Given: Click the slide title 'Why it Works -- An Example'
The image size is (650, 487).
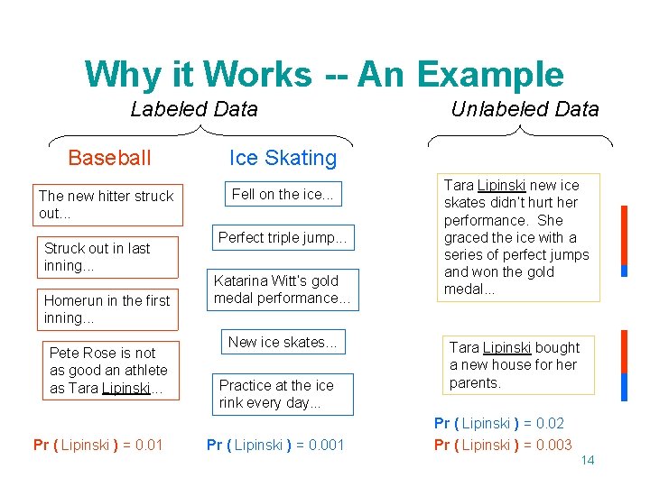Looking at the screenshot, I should point(324,74).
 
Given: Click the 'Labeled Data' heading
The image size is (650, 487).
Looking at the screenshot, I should point(194,110).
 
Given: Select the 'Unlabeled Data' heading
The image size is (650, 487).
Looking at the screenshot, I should point(525,110).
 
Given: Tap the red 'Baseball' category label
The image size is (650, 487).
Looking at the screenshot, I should point(109,158).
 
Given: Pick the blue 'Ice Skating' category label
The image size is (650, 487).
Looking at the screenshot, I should point(283,158).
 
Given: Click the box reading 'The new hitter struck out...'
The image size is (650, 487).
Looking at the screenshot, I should point(107,205).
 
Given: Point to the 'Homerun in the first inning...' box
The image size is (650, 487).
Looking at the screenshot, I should point(107,309).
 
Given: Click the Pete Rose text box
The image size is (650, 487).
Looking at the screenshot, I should point(108,370).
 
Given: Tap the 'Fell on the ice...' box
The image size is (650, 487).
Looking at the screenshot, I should point(283,194).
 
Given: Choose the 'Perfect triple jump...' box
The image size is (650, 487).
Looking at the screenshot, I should point(283,238).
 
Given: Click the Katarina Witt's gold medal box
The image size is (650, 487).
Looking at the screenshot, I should point(283,289).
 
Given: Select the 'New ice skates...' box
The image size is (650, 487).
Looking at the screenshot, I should point(283,342).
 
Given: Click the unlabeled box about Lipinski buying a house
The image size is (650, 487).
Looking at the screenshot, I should point(515,365).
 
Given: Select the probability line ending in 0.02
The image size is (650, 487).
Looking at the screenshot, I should point(499,423).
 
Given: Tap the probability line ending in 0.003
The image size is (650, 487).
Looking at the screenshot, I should point(503,444).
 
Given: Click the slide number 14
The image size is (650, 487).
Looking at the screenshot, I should point(587,461).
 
